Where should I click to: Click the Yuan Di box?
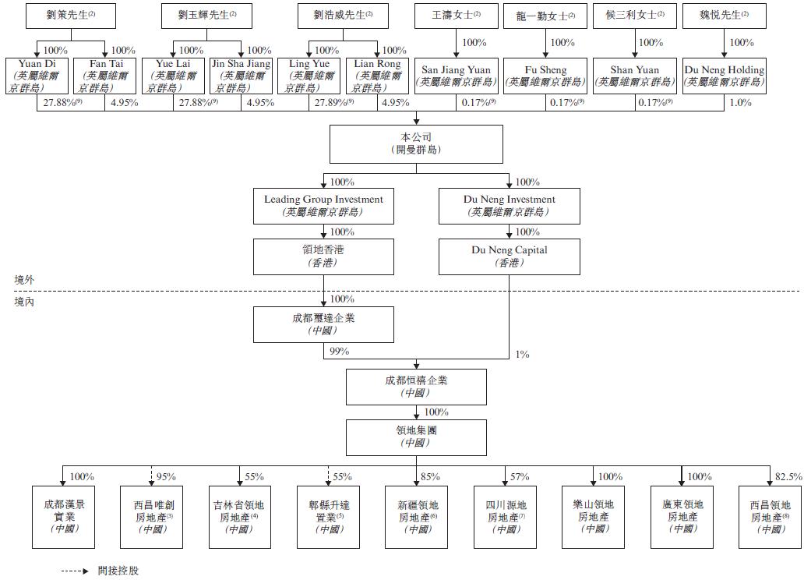tap(37, 76)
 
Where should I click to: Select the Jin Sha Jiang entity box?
tap(242, 76)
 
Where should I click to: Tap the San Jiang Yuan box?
tap(456, 76)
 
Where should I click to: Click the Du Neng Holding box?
tap(724, 76)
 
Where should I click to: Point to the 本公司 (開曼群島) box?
tap(416, 143)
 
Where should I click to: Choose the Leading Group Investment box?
tap(323, 205)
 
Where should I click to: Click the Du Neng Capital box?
tap(510, 256)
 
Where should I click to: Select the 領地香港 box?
tap(323, 256)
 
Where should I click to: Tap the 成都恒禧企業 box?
tap(416, 387)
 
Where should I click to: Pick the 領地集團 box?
tap(416, 437)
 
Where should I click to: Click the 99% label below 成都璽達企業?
tap(339, 352)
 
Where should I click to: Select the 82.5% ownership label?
tap(788, 477)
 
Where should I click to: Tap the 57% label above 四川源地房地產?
tap(520, 477)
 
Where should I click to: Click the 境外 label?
tap(25, 279)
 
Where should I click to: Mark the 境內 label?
tap(25, 301)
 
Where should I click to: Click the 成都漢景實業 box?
tap(65, 516)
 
